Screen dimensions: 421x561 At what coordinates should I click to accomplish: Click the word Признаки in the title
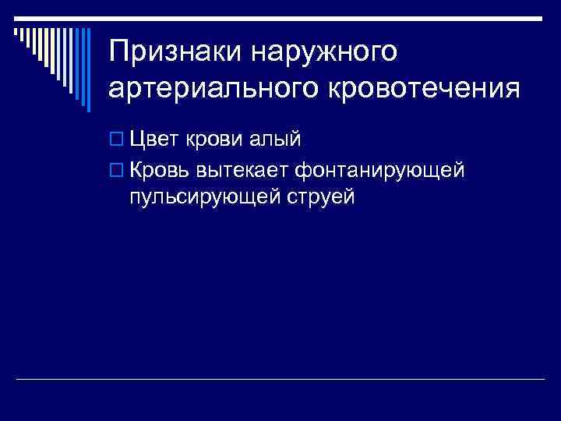(176, 52)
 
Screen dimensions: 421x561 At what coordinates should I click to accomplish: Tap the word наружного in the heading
(325, 52)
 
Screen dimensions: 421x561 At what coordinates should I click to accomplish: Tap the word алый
(275, 140)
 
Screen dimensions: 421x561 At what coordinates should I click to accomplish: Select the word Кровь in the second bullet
(160, 168)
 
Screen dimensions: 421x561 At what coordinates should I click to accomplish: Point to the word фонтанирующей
(379, 168)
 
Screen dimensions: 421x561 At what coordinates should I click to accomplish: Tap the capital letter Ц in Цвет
(138, 140)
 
